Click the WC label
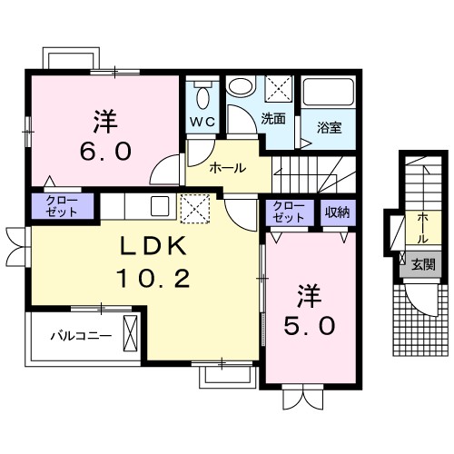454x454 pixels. (x=202, y=122)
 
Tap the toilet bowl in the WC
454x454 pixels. (x=202, y=97)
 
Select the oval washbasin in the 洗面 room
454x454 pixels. (x=241, y=85)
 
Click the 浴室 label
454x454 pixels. (x=330, y=127)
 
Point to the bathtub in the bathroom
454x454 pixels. (x=329, y=92)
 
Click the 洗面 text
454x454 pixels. (x=273, y=119)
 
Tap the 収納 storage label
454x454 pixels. (x=338, y=212)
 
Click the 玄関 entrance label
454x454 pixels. (x=423, y=264)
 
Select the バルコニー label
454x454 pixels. (x=81, y=336)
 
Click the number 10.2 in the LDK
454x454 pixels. (x=153, y=279)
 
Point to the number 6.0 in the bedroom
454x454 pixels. (x=105, y=151)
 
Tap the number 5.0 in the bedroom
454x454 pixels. (x=310, y=326)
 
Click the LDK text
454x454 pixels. (x=153, y=246)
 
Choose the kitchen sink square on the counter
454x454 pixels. (x=160, y=206)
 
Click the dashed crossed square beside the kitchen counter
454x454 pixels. (x=195, y=209)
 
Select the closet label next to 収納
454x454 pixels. (x=288, y=212)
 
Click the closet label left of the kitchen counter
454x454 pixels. (x=62, y=206)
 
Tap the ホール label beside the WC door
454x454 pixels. (x=228, y=168)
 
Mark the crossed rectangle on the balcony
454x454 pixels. (x=131, y=333)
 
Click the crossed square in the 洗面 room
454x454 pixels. (x=280, y=88)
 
